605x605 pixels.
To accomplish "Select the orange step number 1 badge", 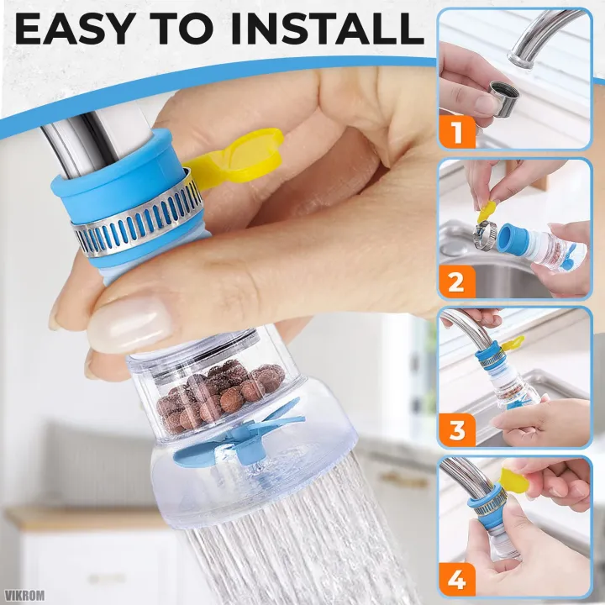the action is click(x=457, y=132).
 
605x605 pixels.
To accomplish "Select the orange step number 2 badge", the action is click(x=457, y=281).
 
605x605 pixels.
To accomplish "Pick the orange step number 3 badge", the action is click(x=457, y=430).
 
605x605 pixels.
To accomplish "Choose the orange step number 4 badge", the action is click(x=457, y=579).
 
